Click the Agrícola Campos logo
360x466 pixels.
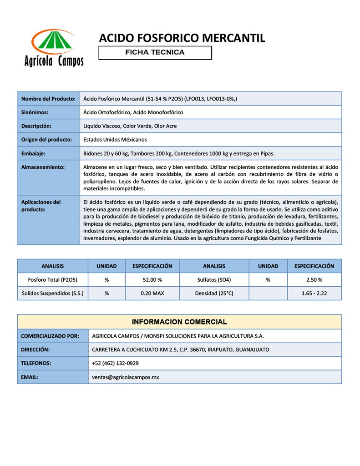click(54, 48)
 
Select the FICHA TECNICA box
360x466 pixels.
click(155, 52)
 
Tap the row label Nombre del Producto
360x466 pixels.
click(48, 99)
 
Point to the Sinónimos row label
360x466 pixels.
click(35, 112)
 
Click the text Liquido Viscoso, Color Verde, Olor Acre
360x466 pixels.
click(130, 126)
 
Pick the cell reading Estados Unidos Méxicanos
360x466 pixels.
click(115, 139)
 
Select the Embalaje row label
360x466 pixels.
click(33, 153)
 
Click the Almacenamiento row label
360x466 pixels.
click(43, 167)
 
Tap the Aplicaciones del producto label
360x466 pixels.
click(41, 205)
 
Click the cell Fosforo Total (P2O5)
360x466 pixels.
click(53, 279)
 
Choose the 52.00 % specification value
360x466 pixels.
click(152, 279)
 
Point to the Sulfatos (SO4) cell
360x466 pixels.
click(214, 279)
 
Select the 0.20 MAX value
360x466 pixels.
click(152, 294)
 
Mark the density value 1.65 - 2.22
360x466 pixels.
click(314, 294)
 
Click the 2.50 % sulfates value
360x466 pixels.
click(314, 279)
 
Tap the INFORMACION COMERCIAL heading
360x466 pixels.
click(179, 322)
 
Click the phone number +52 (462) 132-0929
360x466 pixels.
click(115, 363)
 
